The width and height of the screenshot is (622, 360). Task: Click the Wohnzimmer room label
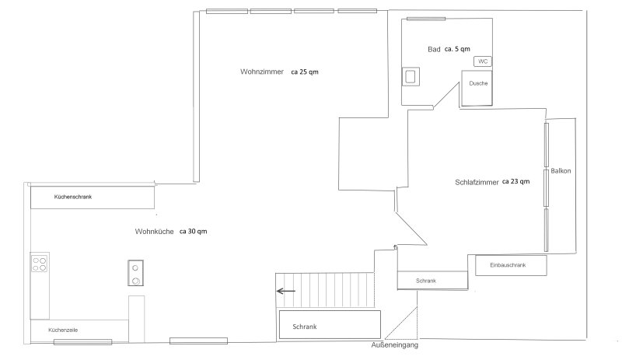[x=262, y=72]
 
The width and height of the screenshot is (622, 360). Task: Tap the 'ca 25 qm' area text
[x=305, y=72]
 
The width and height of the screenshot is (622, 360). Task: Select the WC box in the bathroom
[x=483, y=61]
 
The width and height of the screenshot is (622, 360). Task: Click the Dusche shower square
[x=477, y=88]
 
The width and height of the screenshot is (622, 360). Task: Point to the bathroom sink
[x=411, y=77]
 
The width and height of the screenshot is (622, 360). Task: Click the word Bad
[x=434, y=49]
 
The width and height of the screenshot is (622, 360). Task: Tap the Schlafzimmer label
[x=477, y=182]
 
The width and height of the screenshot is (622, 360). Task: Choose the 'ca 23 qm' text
[x=515, y=181]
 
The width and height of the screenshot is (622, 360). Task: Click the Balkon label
[x=561, y=171]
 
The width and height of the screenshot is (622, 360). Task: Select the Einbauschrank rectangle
[x=511, y=265]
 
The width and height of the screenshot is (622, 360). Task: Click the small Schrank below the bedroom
[x=432, y=281]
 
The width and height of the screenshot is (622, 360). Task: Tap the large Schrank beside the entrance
[x=330, y=325]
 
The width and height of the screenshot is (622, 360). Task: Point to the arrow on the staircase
[x=285, y=292]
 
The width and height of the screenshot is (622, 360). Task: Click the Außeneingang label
[x=395, y=345]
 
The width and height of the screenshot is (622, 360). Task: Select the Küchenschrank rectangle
[x=93, y=197]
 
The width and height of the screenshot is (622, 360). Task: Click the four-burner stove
[x=40, y=264]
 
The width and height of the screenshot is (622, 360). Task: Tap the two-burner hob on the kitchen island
[x=135, y=273]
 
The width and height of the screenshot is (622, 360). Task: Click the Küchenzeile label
[x=63, y=330]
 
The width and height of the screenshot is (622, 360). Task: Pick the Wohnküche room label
[x=154, y=232]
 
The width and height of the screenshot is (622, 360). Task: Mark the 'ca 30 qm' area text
[x=193, y=232]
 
